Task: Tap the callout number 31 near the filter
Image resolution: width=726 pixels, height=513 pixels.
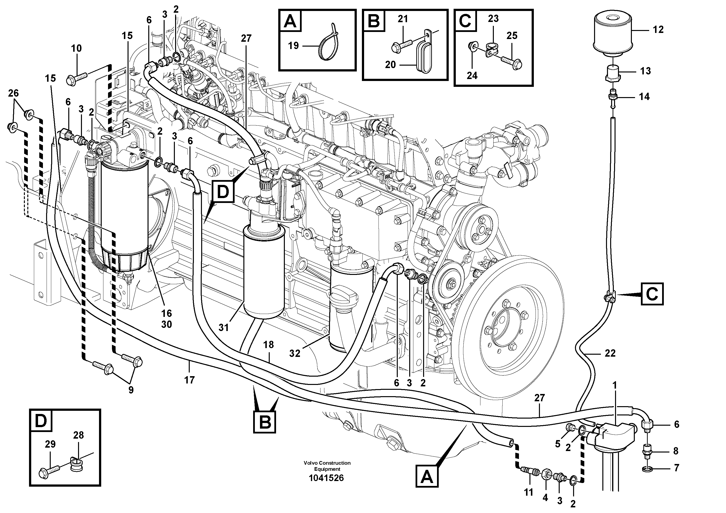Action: pyautogui.click(x=224, y=328)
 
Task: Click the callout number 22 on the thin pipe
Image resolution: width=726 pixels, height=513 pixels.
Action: pyautogui.click(x=610, y=353)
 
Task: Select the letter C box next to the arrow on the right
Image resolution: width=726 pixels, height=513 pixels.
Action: pyautogui.click(x=652, y=294)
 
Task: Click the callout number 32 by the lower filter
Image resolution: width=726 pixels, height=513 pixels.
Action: pyautogui.click(x=295, y=353)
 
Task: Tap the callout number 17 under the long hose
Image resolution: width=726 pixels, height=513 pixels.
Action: pyautogui.click(x=189, y=380)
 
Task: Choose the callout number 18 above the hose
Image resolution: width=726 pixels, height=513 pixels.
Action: pyautogui.click(x=269, y=345)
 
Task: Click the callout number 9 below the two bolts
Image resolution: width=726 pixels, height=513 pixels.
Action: pyautogui.click(x=130, y=390)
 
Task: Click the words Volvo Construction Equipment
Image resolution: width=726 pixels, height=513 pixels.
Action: pyautogui.click(x=327, y=466)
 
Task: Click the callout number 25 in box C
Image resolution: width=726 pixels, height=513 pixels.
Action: pyautogui.click(x=512, y=36)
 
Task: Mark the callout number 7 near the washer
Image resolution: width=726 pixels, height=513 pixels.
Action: pyautogui.click(x=676, y=468)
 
